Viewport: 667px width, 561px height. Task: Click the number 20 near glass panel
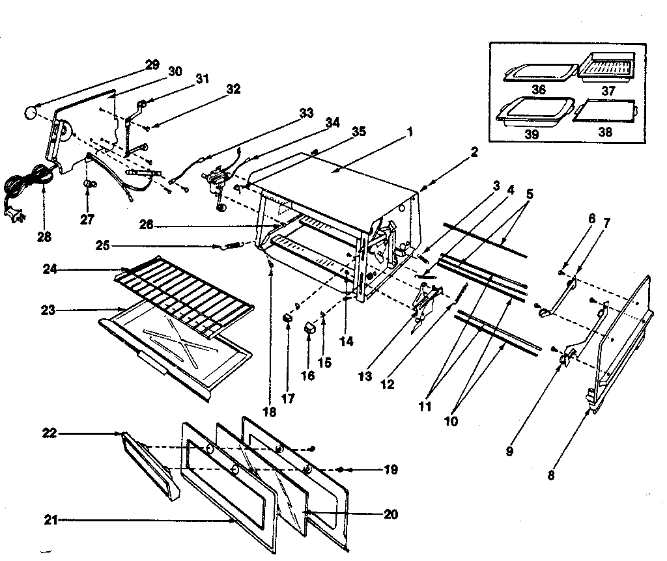click(390, 514)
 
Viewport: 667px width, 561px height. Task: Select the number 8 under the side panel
click(551, 474)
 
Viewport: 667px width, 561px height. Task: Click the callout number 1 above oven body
click(410, 131)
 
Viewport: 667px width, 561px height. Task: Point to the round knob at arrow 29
click(30, 113)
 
